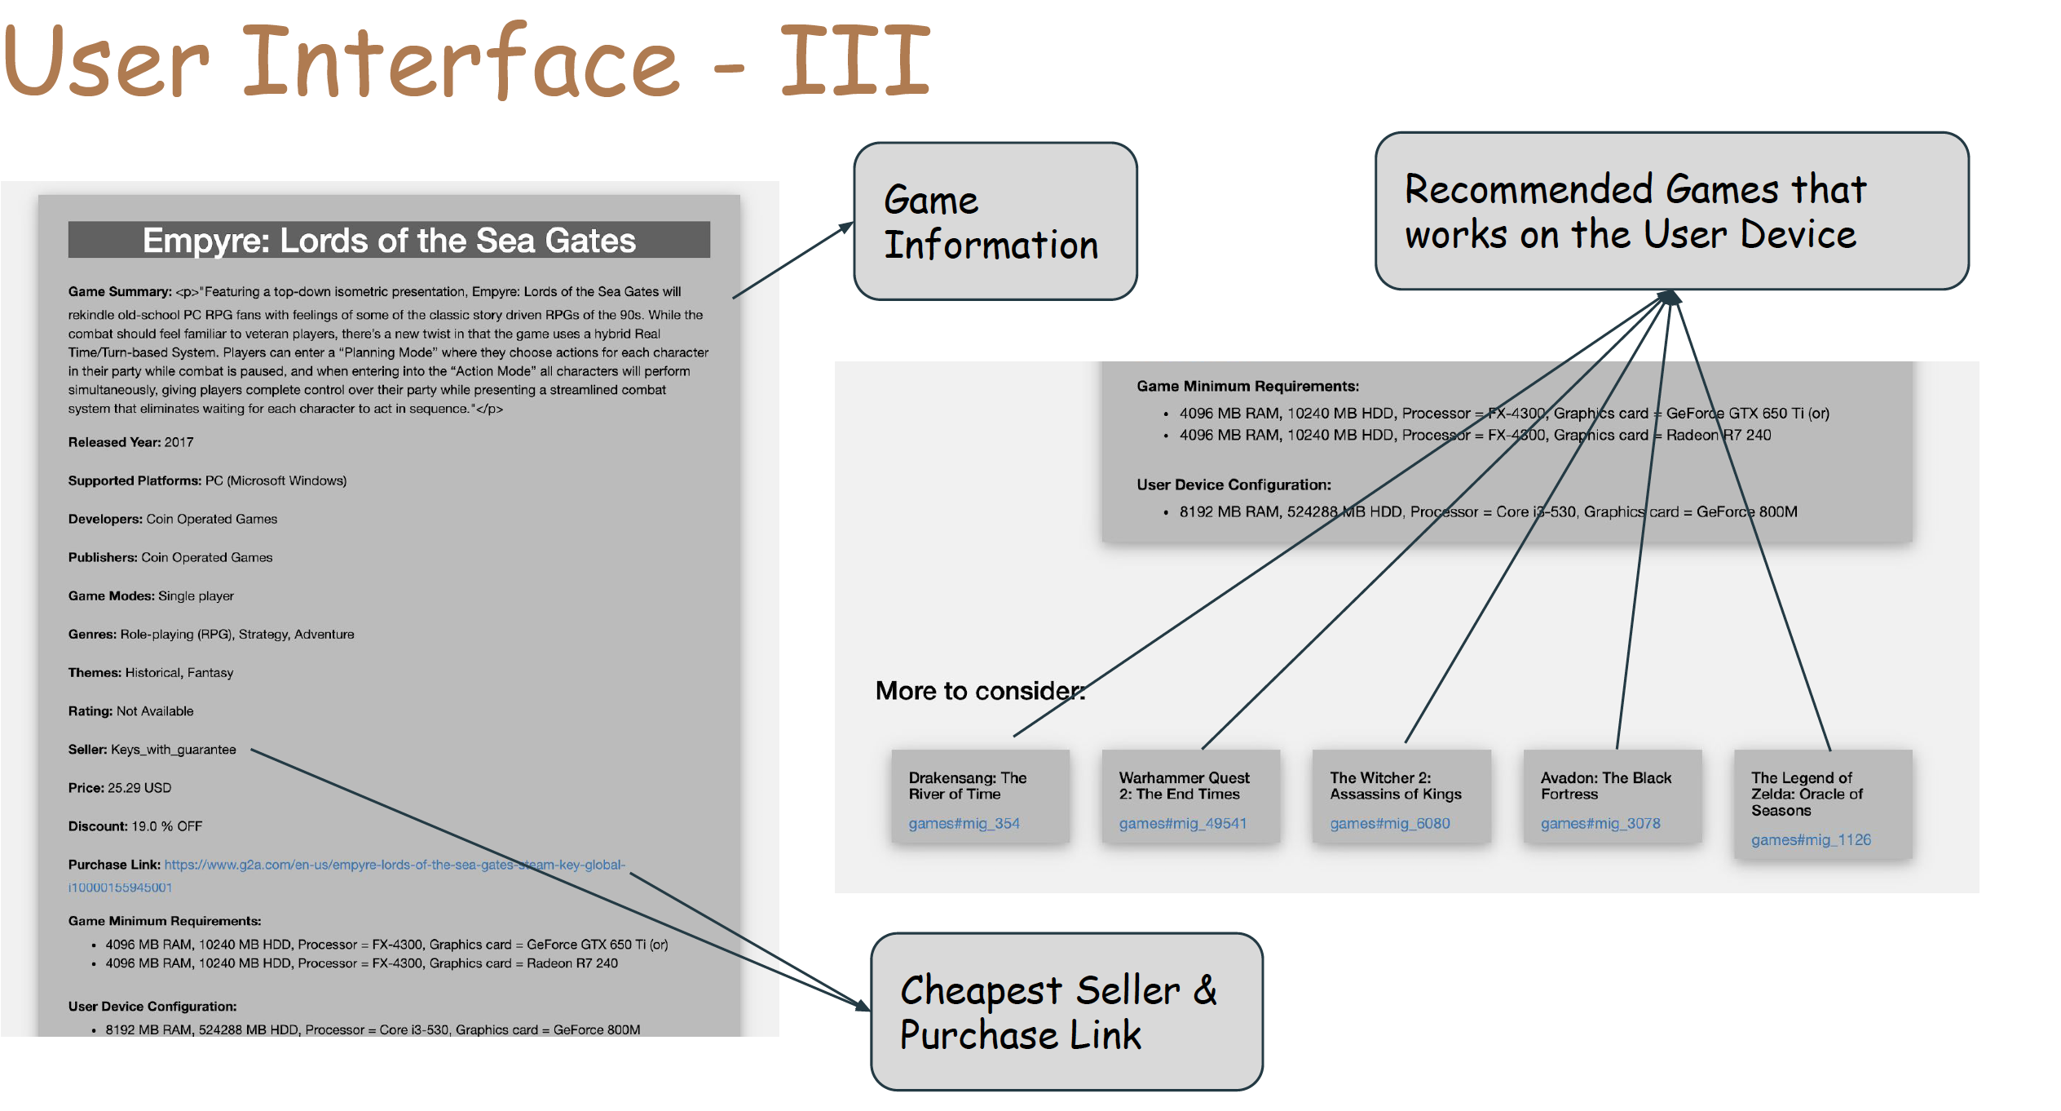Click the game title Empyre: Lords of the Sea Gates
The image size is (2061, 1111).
coord(389,241)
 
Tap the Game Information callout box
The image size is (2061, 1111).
coord(995,222)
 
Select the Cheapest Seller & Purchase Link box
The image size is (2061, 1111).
coord(1066,1011)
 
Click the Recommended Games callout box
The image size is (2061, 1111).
coord(1671,211)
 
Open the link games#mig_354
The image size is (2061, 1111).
coord(964,824)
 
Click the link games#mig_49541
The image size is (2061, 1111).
coord(1182,824)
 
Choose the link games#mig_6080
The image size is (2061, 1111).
coord(1389,824)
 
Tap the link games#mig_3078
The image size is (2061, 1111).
coord(1600,824)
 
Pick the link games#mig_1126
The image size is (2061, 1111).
coord(1810,840)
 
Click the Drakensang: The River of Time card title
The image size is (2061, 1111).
coord(967,786)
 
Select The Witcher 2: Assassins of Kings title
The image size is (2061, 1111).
coord(1395,786)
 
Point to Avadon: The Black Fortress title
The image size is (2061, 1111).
coord(1605,786)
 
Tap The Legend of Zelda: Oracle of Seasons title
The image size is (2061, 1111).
coord(1806,794)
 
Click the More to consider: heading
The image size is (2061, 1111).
coord(980,691)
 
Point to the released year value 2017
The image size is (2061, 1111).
coord(179,442)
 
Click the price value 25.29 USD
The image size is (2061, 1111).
coord(139,788)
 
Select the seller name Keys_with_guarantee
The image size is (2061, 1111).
coord(174,750)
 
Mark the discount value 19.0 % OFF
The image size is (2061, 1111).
coord(167,826)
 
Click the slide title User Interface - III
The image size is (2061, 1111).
coord(466,61)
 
